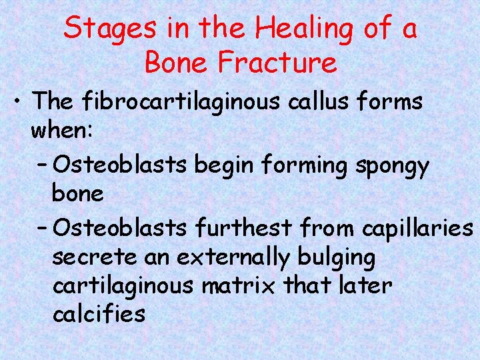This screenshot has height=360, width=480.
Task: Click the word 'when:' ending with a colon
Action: [x=62, y=132]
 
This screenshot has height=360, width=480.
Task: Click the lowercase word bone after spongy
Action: [x=77, y=195]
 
